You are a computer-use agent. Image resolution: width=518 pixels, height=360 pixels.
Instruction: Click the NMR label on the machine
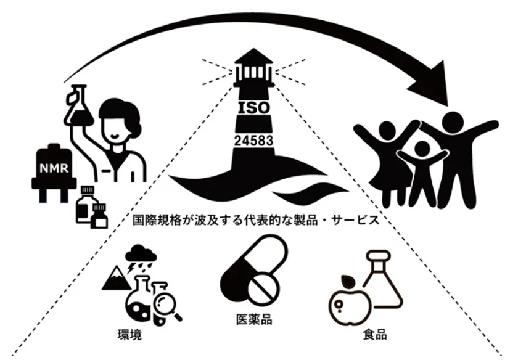pyautogui.click(x=54, y=168)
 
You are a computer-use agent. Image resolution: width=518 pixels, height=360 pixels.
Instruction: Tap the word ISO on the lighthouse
pyautogui.click(x=253, y=108)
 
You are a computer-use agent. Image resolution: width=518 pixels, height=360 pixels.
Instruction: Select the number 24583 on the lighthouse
pyautogui.click(x=253, y=141)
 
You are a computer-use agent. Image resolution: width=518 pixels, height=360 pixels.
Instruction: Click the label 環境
pyautogui.click(x=130, y=335)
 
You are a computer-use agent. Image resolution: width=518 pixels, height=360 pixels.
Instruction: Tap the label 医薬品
pyautogui.click(x=254, y=319)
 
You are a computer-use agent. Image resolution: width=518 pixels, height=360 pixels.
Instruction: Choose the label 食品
pyautogui.click(x=375, y=334)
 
